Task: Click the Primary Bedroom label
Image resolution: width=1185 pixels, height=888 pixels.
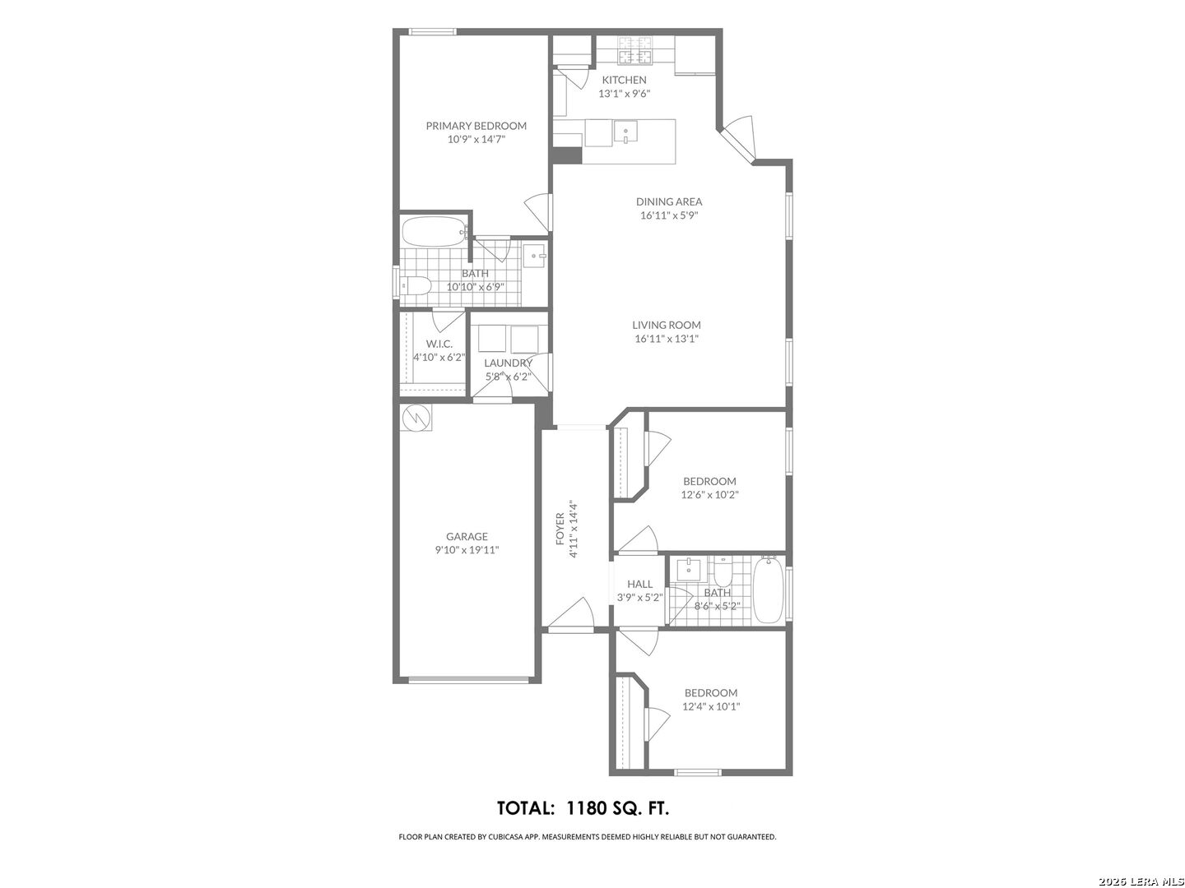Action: point(476,126)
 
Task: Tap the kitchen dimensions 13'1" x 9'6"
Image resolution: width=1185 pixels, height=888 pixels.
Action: point(624,93)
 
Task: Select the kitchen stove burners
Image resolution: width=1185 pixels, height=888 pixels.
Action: point(635,49)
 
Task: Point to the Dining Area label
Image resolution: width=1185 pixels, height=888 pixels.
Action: point(669,201)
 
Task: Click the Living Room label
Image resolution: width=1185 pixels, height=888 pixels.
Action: point(667,325)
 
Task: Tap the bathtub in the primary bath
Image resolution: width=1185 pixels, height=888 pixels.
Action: point(434,233)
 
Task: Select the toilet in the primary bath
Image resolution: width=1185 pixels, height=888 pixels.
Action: point(415,286)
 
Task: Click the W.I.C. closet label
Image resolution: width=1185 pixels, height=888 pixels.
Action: point(439,344)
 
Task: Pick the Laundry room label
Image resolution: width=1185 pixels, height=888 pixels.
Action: point(508,363)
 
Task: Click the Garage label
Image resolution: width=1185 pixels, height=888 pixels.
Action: point(467,536)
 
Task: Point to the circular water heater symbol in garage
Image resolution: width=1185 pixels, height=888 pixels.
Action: point(416,418)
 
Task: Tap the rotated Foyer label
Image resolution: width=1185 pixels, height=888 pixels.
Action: point(560,529)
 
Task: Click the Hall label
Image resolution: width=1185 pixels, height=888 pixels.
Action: point(639,584)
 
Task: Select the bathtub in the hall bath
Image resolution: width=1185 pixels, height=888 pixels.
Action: point(768,591)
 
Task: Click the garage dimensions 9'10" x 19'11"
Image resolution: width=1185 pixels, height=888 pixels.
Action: point(467,550)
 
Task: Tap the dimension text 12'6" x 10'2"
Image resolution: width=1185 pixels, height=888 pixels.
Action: point(709,494)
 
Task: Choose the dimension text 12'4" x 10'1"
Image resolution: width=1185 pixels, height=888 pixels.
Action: point(711,706)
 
